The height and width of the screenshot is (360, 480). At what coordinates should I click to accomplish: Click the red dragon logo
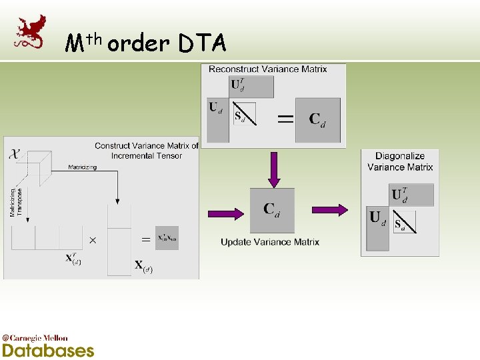(x=31, y=31)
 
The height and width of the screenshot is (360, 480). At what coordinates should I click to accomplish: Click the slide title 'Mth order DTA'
(x=146, y=43)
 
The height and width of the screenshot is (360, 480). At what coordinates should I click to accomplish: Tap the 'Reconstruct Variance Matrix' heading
(x=268, y=69)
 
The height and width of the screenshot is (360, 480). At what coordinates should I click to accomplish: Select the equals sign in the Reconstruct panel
(x=285, y=119)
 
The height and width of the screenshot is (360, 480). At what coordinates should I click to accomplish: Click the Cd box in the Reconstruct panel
(x=317, y=120)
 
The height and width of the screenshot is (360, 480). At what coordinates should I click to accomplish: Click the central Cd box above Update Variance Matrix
(x=271, y=211)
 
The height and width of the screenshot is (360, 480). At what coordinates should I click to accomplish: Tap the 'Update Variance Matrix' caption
(x=270, y=242)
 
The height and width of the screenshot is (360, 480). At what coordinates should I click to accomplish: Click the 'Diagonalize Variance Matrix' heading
(x=400, y=161)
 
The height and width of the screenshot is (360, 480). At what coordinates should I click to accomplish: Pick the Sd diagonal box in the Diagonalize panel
(x=404, y=221)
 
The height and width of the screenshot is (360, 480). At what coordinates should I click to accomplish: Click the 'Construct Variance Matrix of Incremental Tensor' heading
(x=147, y=150)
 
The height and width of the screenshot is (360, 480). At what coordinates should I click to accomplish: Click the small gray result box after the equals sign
(x=167, y=238)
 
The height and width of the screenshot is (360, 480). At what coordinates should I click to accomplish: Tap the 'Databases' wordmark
(x=48, y=350)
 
